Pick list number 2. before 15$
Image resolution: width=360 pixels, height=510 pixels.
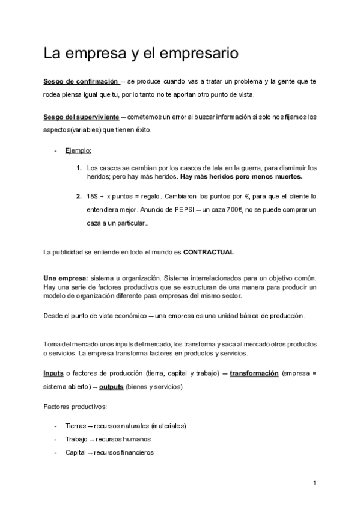(x=79, y=197)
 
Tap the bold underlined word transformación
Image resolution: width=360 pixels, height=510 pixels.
(x=254, y=373)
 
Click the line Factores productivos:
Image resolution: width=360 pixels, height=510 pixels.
(x=75, y=408)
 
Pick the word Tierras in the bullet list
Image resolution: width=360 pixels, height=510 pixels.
(x=76, y=426)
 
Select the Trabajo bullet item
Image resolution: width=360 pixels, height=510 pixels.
(x=108, y=439)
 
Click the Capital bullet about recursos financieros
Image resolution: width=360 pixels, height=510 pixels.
(x=109, y=453)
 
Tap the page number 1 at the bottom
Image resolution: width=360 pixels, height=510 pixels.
(x=314, y=483)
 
